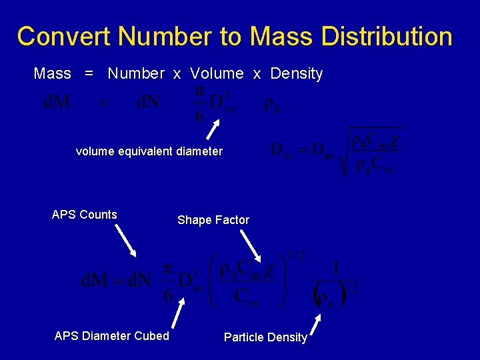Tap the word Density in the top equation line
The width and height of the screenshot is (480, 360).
pyautogui.click(x=297, y=73)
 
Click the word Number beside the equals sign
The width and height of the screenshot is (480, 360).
pyautogui.click(x=136, y=73)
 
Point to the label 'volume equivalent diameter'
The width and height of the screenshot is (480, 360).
pyautogui.click(x=149, y=151)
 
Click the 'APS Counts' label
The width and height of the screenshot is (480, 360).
pyautogui.click(x=84, y=215)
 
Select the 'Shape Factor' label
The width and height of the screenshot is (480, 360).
pyautogui.click(x=213, y=220)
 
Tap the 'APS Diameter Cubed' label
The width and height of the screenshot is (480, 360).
pyautogui.click(x=111, y=336)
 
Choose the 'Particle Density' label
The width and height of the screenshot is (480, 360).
pyautogui.click(x=265, y=337)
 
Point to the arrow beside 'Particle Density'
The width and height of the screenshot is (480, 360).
pyautogui.click(x=317, y=325)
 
